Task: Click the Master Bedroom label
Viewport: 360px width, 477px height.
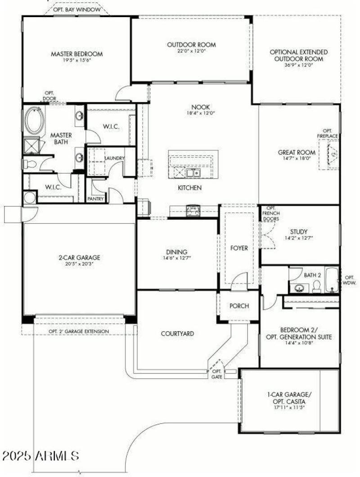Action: click(76, 54)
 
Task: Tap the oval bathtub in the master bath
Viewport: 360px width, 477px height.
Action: click(35, 120)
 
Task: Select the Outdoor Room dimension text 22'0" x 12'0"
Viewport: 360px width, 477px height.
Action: click(191, 51)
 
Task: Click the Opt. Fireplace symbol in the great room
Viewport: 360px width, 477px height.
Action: click(333, 154)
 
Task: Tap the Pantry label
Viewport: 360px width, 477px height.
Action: click(96, 198)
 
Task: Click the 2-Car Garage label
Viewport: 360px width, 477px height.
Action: click(79, 258)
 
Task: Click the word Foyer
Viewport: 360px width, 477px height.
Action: click(238, 248)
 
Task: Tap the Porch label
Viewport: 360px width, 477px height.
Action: click(239, 306)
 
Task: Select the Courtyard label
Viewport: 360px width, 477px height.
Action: click(177, 333)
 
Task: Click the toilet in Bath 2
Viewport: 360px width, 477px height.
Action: click(316, 286)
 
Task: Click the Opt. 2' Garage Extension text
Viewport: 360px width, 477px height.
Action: click(79, 332)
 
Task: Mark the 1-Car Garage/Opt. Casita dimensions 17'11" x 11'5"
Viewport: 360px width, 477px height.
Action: click(289, 407)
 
